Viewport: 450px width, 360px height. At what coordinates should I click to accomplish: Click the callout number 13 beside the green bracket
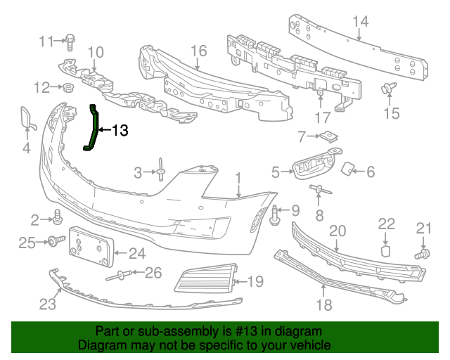click(120, 130)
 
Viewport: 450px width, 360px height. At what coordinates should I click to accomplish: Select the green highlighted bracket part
click(93, 127)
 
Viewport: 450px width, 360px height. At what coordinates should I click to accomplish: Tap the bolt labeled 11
click(71, 41)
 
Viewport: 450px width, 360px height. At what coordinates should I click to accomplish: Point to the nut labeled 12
click(69, 88)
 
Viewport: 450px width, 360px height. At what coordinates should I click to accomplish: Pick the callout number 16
click(198, 51)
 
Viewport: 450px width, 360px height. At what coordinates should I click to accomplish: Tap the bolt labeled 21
click(423, 253)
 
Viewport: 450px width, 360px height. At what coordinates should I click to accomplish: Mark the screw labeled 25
click(52, 242)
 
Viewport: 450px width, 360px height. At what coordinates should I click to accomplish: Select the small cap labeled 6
click(347, 168)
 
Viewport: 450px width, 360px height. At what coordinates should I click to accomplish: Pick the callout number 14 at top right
click(360, 22)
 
